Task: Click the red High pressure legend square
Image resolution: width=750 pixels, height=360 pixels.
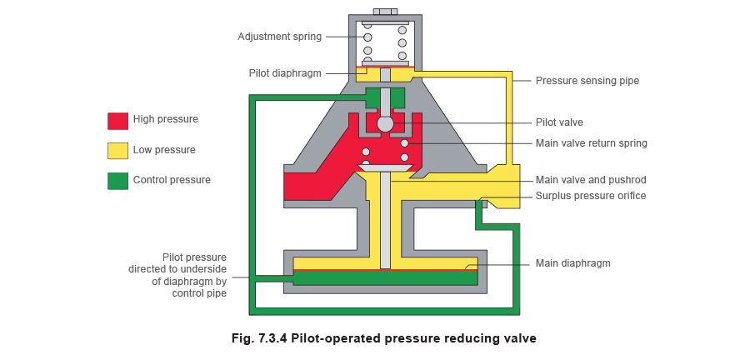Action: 117,120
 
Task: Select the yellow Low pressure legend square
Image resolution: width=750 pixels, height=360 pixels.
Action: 117,150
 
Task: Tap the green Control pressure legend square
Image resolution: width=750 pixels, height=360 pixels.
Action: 117,180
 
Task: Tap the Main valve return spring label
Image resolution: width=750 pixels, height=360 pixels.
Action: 591,143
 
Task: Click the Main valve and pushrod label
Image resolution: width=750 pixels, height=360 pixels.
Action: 591,180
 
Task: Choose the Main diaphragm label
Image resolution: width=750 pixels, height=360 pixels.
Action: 573,263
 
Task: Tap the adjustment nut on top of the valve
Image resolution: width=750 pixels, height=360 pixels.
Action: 384,12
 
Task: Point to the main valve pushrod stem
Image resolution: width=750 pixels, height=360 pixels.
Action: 384,221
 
